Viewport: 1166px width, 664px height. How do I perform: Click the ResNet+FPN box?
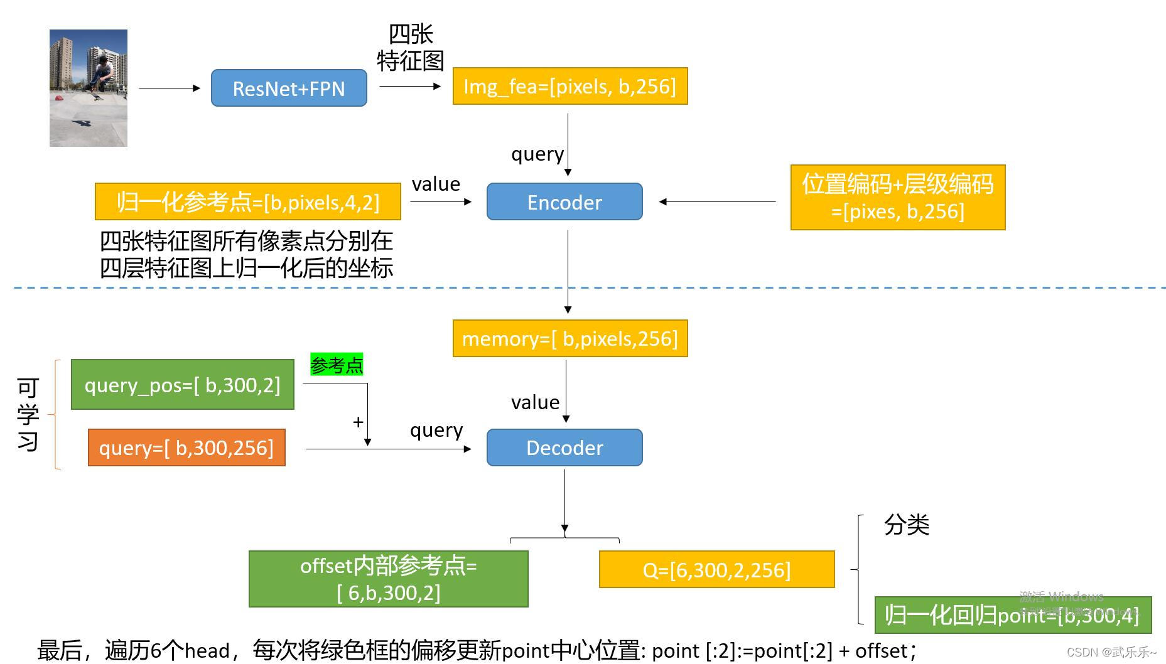(289, 88)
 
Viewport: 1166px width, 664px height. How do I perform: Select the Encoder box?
(564, 201)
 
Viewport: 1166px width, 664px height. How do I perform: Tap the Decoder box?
(564, 447)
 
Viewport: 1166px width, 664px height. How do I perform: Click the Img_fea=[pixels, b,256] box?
(570, 86)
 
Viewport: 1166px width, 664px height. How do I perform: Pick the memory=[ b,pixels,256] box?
(570, 338)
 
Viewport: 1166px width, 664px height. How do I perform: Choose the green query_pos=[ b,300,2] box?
(182, 385)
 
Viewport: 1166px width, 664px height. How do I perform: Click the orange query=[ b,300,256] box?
(186, 447)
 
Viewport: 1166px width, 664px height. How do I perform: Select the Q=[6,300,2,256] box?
(716, 570)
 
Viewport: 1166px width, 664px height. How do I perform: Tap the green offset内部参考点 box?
(388, 579)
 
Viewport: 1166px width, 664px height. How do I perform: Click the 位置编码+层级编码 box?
(897, 197)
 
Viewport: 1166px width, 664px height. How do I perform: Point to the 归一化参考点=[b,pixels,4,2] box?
(247, 201)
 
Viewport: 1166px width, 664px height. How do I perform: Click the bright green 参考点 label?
(337, 365)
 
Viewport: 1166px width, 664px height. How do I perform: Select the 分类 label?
(906, 525)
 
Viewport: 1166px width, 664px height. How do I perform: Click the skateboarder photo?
(89, 88)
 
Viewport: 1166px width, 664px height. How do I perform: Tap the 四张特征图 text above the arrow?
(411, 48)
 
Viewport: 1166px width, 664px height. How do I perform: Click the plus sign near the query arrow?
(358, 422)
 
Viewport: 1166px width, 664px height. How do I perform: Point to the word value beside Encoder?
(436, 184)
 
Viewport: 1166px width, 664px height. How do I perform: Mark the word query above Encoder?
(537, 154)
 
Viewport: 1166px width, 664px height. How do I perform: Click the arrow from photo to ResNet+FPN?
(168, 88)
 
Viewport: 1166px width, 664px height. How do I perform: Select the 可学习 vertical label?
(28, 414)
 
